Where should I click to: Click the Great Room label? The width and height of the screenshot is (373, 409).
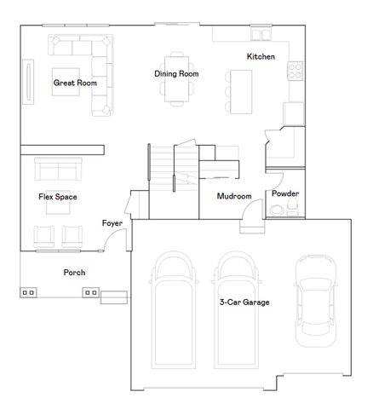[x=75, y=84]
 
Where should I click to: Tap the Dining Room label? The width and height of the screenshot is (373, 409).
[x=176, y=74]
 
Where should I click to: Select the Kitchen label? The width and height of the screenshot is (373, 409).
[x=261, y=56]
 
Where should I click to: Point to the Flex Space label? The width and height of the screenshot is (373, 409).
[x=58, y=197]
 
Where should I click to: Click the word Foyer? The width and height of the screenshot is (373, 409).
[x=112, y=223]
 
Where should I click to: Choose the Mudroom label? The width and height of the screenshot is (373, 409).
[x=234, y=197]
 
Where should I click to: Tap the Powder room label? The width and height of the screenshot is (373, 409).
[x=285, y=193]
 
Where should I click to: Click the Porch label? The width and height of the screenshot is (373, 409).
[x=74, y=273]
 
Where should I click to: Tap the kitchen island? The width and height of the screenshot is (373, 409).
[x=241, y=88]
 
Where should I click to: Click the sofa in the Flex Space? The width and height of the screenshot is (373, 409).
[x=56, y=170]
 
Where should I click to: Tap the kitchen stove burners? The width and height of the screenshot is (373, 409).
[x=296, y=71]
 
